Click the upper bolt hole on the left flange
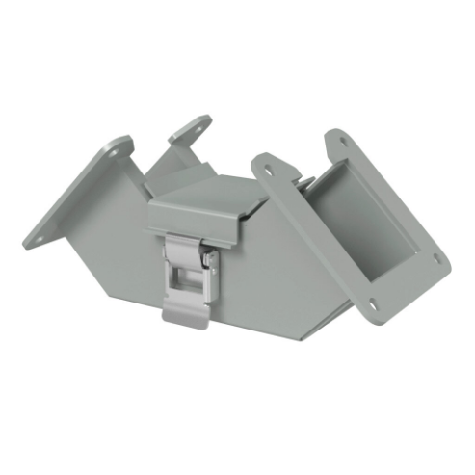pos(117,146)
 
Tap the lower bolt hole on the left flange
pos(41,234)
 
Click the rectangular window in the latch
pos(187,285)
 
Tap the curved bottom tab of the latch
pos(186,317)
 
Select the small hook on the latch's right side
pos(206,258)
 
